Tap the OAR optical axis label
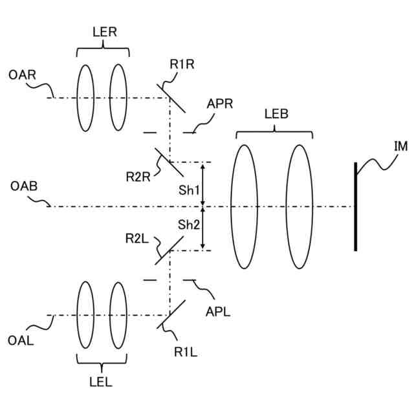(x=22, y=76)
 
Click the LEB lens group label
(x=276, y=114)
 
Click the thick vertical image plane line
(x=355, y=206)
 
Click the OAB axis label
(x=24, y=186)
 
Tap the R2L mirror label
(x=136, y=239)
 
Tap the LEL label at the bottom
(x=100, y=382)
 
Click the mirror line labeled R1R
(x=172, y=98)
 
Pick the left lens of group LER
(x=85, y=98)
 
